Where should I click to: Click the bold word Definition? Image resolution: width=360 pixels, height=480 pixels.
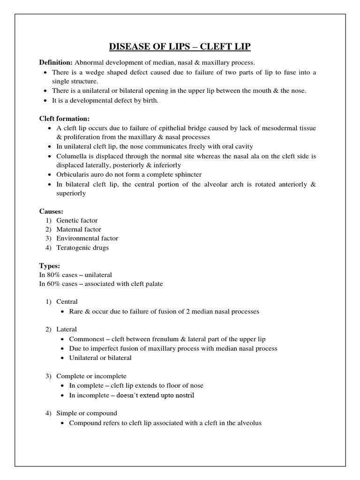(56, 62)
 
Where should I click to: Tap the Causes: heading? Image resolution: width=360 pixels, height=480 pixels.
(51, 211)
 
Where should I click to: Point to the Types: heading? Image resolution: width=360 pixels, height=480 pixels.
(50, 266)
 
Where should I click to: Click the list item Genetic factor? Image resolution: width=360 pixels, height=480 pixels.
(77, 220)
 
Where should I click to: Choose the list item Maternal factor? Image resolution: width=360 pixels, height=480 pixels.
(79, 229)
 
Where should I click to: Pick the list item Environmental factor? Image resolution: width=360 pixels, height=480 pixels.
(87, 238)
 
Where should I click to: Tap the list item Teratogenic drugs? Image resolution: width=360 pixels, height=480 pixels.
(82, 247)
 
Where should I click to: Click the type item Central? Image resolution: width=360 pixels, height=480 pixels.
(67, 302)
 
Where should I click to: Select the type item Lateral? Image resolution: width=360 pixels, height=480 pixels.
(67, 330)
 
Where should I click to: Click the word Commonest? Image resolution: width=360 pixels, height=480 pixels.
(86, 339)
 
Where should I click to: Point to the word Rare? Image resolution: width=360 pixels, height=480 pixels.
(76, 311)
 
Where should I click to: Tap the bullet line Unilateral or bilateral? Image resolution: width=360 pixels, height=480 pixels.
(100, 358)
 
